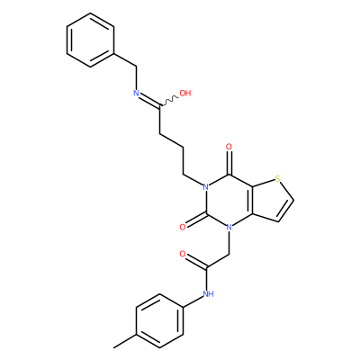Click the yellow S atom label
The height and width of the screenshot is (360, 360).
277,180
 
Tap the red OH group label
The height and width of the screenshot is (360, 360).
185,93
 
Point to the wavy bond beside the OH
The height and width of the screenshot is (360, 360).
169,101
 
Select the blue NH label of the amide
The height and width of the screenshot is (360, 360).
208,293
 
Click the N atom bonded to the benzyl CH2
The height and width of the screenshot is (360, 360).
136,93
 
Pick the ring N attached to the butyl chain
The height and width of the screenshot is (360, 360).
205,187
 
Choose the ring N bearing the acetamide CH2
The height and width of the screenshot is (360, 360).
229,228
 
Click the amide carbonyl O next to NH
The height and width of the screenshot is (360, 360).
182,255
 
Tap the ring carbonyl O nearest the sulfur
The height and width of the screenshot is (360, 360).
229,147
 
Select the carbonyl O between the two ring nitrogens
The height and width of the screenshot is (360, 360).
182,227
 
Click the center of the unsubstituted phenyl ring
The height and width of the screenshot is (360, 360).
90,40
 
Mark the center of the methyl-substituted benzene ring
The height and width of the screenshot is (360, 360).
159,321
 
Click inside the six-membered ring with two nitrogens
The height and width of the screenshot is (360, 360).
229,201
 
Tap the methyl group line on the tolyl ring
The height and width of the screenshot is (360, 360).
125,341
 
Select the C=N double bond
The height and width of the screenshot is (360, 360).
148,99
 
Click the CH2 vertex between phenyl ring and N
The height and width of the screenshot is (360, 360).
137,67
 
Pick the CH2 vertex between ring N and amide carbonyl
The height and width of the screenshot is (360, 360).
229,255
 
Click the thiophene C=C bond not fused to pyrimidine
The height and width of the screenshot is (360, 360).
286,211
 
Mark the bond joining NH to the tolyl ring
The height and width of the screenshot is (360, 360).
194,301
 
